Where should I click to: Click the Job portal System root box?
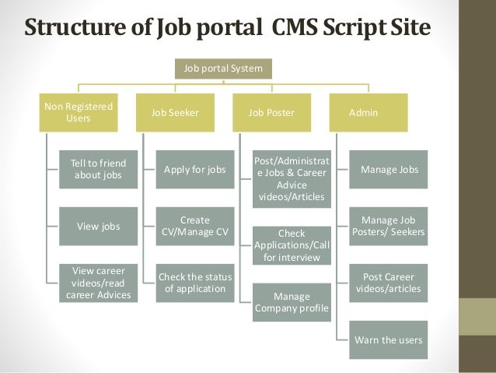coord(223,69)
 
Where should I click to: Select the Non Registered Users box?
coord(79,112)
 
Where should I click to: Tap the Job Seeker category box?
coord(175,112)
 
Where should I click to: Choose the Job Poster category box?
coord(271,112)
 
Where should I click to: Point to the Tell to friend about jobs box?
coord(98,169)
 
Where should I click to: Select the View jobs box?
coord(98,226)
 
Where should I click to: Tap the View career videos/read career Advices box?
coord(98,283)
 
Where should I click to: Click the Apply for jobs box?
coord(194,169)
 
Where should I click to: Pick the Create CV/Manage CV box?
coord(194,226)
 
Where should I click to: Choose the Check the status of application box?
coord(194,283)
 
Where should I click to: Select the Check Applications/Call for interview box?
coord(291,245)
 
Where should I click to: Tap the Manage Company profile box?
coord(291,304)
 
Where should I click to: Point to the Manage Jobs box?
coord(388,169)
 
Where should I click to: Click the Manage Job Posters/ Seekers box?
coord(388,226)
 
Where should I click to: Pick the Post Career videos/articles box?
coord(388,283)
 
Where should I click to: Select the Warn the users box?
coord(388,340)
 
